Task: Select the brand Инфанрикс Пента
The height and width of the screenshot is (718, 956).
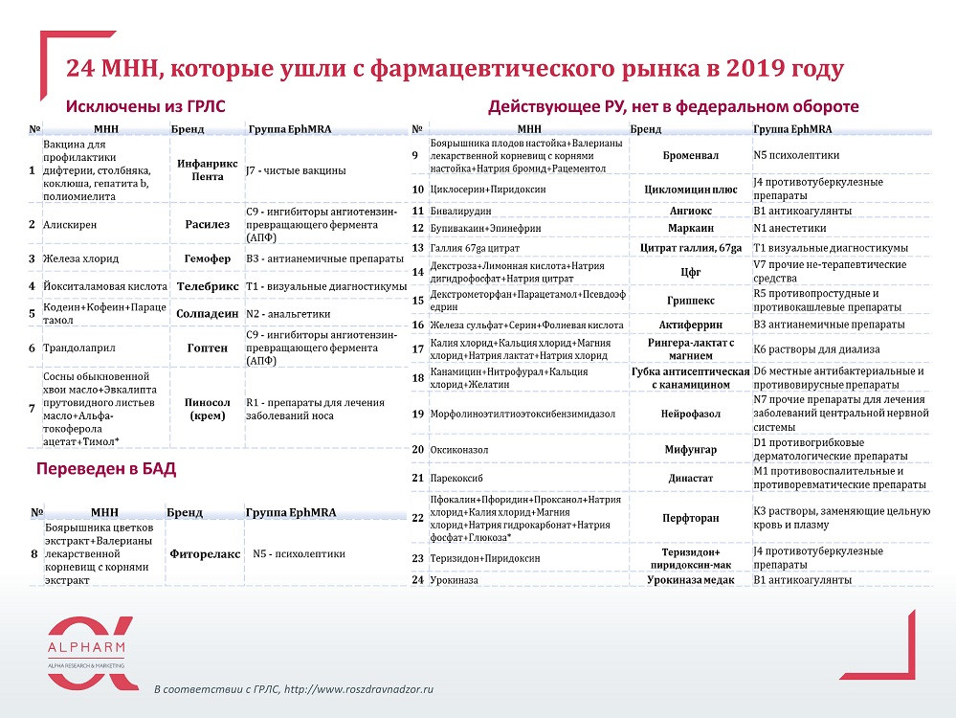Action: (201, 169)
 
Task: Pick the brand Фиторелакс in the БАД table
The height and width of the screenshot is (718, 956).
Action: (201, 552)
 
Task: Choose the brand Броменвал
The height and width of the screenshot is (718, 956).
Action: (691, 154)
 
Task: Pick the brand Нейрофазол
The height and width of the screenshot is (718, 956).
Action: (690, 415)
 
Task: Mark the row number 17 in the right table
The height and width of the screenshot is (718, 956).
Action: (417, 348)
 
